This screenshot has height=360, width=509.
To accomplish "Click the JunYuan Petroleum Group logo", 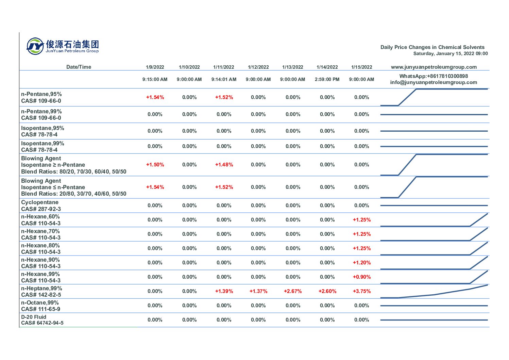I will pyautogui.click(x=63, y=46).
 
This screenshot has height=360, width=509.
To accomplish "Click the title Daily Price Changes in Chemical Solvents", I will pyautogui.click(x=432, y=47).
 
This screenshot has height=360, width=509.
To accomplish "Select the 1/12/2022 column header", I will pyautogui.click(x=258, y=67).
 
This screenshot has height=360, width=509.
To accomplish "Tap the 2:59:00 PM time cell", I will pyautogui.click(x=327, y=79).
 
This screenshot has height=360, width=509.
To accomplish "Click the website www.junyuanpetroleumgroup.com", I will pyautogui.click(x=434, y=67).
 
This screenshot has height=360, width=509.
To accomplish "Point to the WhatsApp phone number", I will pyautogui.click(x=434, y=76).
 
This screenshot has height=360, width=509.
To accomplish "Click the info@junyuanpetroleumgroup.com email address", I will pyautogui.click(x=434, y=82).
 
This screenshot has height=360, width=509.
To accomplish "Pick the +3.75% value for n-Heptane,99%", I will pyautogui.click(x=361, y=291).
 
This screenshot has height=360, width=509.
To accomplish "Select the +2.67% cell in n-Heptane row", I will pyautogui.click(x=293, y=291).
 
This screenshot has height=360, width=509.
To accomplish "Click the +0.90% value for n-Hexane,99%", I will pyautogui.click(x=361, y=277).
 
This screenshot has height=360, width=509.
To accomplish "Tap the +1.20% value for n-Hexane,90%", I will pyautogui.click(x=361, y=263).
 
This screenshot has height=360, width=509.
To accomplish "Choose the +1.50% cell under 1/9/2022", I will pyautogui.click(x=155, y=165).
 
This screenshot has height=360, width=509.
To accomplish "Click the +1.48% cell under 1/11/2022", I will pyautogui.click(x=224, y=165).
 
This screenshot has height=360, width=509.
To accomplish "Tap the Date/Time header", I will pyautogui.click(x=79, y=67).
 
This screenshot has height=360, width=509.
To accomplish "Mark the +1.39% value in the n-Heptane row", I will pyautogui.click(x=224, y=291).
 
